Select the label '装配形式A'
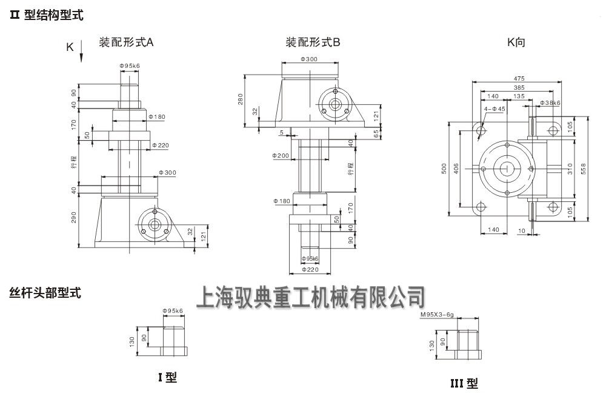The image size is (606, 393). pyautogui.click(x=127, y=42)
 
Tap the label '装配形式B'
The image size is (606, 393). pyautogui.click(x=313, y=42)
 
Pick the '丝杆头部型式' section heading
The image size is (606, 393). pyautogui.click(x=45, y=293)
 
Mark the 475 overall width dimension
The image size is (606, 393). pyautogui.click(x=519, y=78)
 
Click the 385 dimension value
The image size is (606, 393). pyautogui.click(x=519, y=87)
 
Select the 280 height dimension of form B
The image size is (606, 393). pyautogui.click(x=240, y=98)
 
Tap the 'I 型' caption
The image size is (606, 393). pyautogui.click(x=167, y=377)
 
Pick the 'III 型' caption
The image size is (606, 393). pyautogui.click(x=464, y=383)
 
